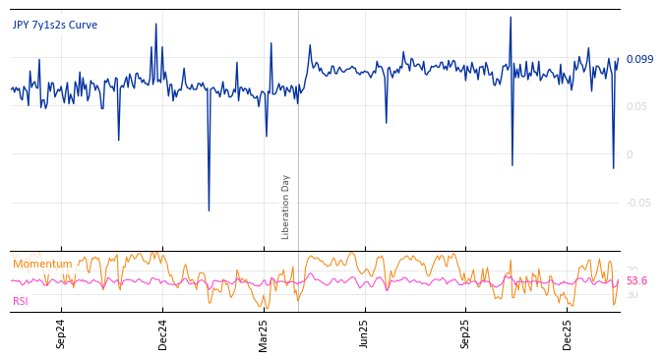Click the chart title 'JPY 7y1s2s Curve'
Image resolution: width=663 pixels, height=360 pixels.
click(x=55, y=26)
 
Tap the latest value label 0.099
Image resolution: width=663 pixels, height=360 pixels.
click(x=639, y=60)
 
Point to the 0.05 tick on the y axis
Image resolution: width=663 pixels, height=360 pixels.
click(x=636, y=106)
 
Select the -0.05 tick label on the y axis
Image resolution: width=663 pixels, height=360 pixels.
click(x=638, y=203)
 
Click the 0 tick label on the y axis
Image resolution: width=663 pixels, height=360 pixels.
click(x=630, y=154)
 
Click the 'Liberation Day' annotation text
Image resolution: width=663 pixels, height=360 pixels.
click(x=286, y=207)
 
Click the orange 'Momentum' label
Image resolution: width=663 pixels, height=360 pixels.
click(x=42, y=265)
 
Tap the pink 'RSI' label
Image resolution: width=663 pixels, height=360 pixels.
click(x=21, y=301)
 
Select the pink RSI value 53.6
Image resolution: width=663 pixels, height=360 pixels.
click(x=636, y=281)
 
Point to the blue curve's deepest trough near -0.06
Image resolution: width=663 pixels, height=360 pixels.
click(x=209, y=210)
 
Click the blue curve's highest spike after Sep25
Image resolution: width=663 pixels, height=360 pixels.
click(x=510, y=17)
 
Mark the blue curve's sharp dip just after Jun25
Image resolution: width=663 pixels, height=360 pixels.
click(x=386, y=122)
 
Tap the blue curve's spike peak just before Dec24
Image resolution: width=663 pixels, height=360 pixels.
click(x=155, y=24)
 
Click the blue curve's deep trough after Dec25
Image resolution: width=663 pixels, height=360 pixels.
click(x=613, y=167)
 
